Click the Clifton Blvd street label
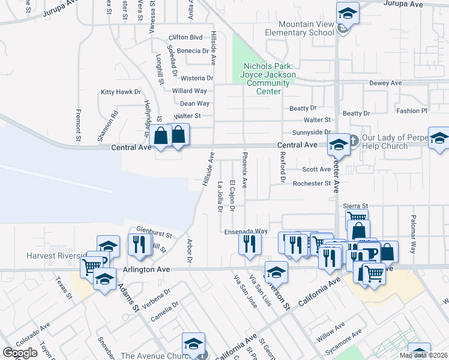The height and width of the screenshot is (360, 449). point(186,37)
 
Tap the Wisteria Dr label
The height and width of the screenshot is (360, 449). point(193,78)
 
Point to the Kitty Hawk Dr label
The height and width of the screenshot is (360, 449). point(121,92)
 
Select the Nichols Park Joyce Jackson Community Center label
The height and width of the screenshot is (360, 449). point(268,79)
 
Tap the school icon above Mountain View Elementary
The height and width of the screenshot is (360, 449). point(348,13)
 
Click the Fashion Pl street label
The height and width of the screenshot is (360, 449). point(411,111)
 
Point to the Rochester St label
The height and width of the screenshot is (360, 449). point(312,184)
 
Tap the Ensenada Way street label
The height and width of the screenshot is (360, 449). point(246,231)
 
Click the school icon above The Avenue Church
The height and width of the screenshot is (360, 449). point(194,344)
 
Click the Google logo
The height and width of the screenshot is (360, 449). point(20,353)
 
